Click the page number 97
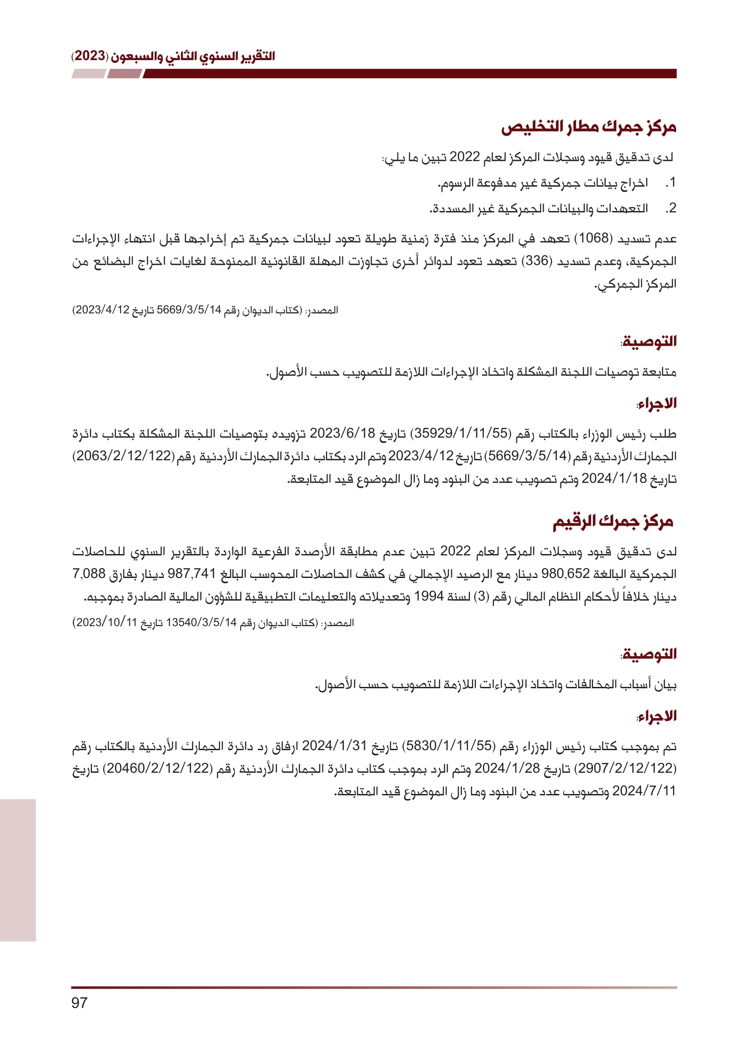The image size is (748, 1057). click(x=79, y=1002)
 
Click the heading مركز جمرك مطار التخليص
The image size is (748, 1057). click(x=588, y=127)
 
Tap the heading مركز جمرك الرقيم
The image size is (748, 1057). click(x=613, y=521)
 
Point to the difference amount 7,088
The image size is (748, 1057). click(x=89, y=573)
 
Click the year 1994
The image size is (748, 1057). click(x=428, y=596)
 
